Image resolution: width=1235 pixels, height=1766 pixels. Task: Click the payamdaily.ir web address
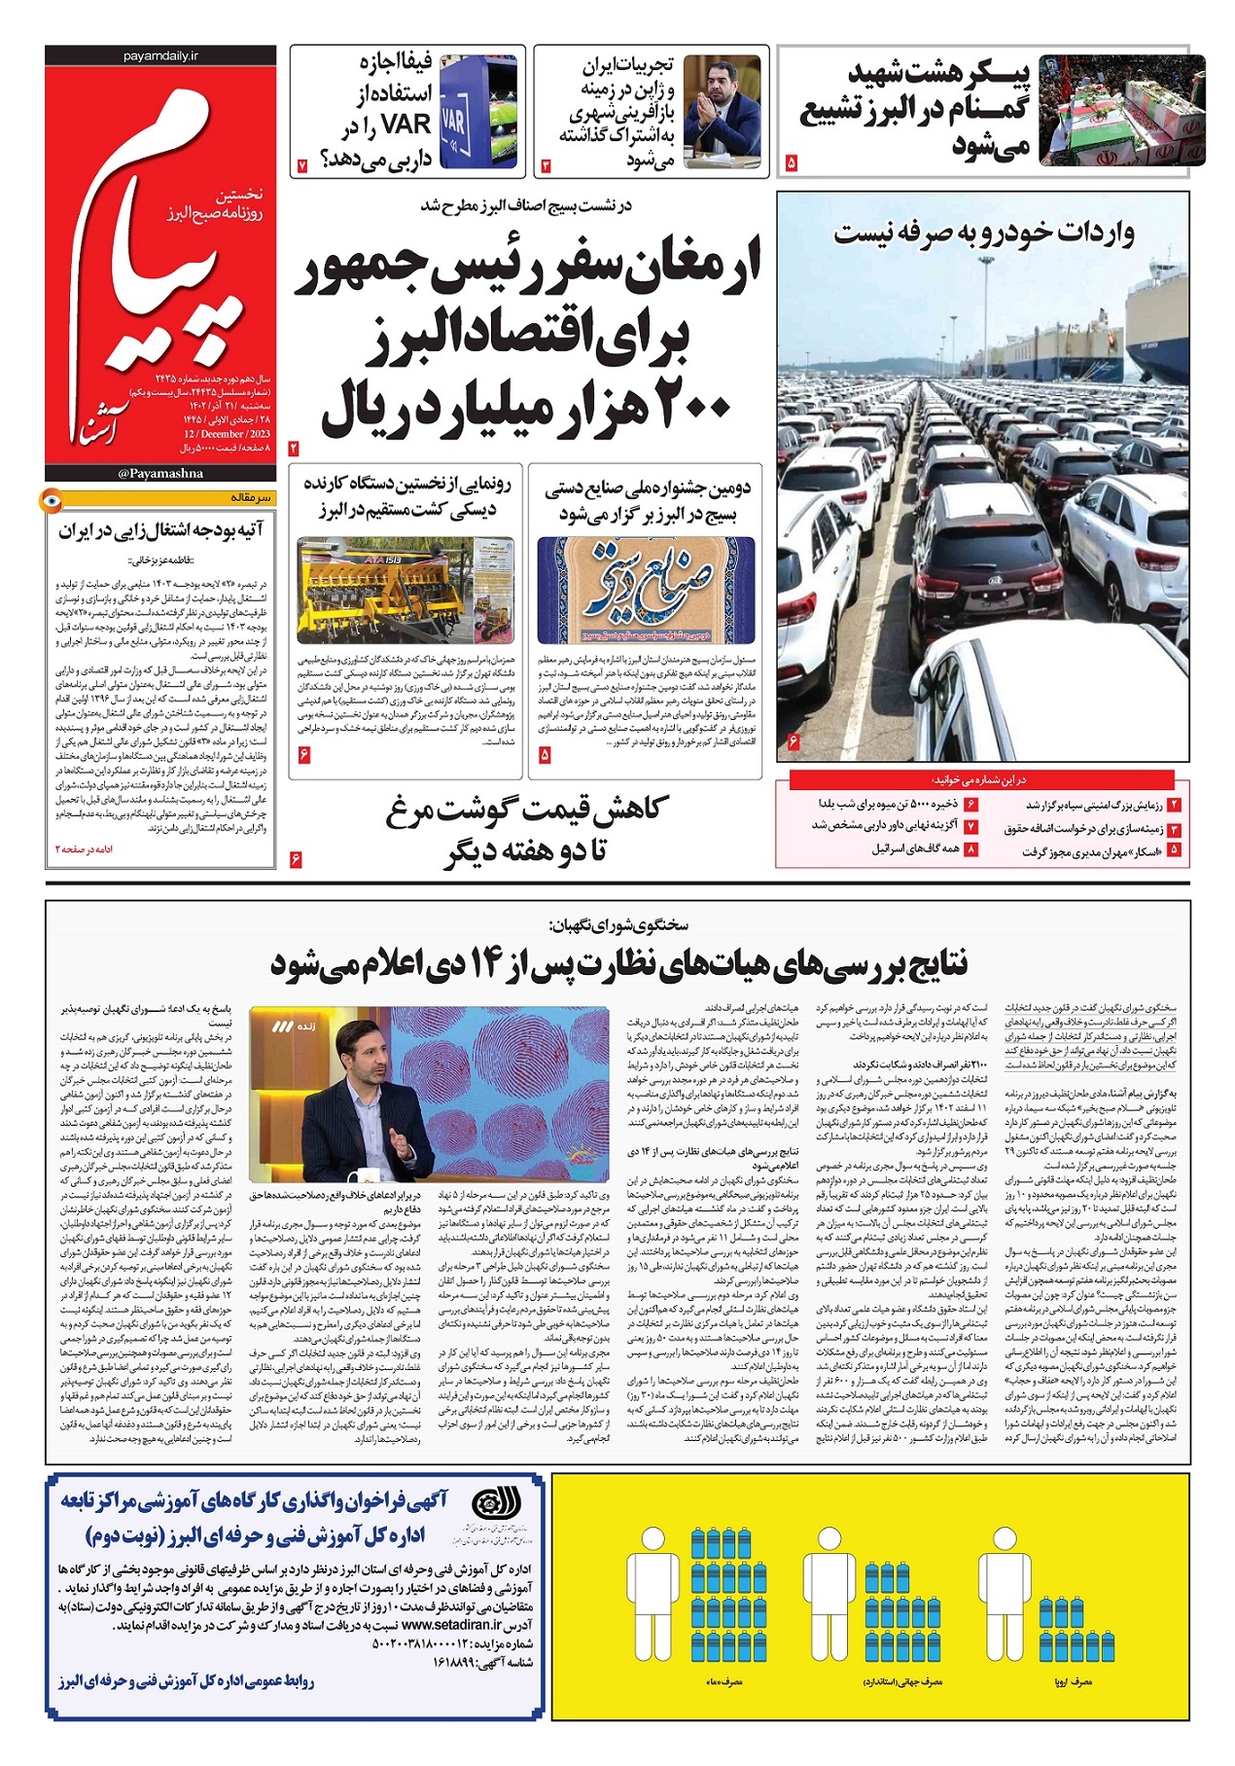160,57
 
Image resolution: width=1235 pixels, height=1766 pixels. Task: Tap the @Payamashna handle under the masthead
160,474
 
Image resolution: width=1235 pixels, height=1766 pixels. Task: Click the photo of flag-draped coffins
1121,109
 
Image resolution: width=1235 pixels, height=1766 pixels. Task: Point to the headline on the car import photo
983,234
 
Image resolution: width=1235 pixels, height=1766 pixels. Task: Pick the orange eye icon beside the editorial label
50,500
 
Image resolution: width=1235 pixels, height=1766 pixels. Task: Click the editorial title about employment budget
160,530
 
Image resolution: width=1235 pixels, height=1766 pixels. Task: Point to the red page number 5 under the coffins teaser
791,162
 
